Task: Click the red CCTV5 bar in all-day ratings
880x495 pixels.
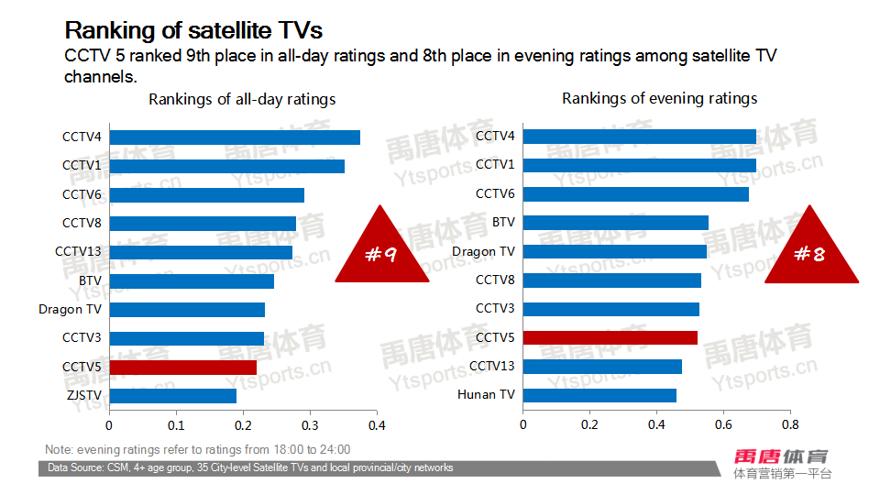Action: click(182, 367)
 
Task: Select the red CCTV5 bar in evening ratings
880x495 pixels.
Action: click(610, 337)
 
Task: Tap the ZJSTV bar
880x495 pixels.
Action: click(172, 396)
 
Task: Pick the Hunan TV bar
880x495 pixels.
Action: click(599, 395)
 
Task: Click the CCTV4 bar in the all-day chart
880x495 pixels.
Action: click(235, 137)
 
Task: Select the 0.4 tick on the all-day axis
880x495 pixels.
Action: click(377, 425)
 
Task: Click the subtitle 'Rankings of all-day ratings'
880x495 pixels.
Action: click(242, 99)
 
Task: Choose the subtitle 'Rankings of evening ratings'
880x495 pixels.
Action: click(659, 98)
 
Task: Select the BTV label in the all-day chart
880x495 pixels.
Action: click(90, 280)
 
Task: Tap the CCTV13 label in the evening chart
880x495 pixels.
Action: click(491, 367)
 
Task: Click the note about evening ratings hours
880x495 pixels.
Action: click(197, 449)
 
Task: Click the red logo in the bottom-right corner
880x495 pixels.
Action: click(782, 456)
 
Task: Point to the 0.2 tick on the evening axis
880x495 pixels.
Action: click(589, 425)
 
